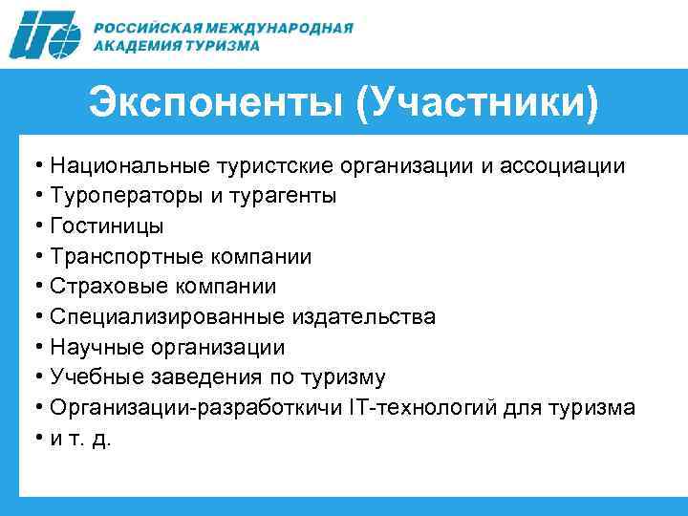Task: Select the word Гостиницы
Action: click(x=107, y=226)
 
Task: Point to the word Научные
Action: click(x=93, y=347)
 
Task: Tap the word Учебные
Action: click(x=94, y=376)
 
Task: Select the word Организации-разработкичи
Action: click(x=181, y=407)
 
